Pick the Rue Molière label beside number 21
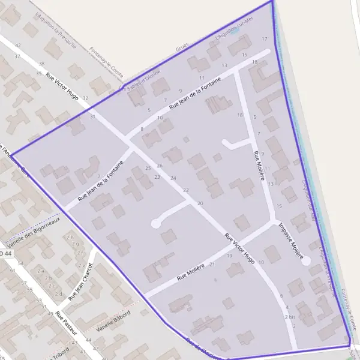pyautogui.click(x=191, y=272)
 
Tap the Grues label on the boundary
pyautogui.click(x=182, y=47)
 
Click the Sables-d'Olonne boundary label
pyautogui.click(x=143, y=80)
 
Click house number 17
pyautogui.click(x=265, y=39)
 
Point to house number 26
pyautogui.click(x=160, y=166)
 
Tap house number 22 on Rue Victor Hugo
pyautogui.click(x=186, y=190)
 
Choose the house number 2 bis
pyautogui.click(x=290, y=316)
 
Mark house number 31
pyautogui.click(x=92, y=116)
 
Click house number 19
pyautogui.click(x=229, y=256)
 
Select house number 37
pyautogui.click(x=17, y=56)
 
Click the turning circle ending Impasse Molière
pyautogui.click(x=306, y=261)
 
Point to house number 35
pyautogui.click(x=39, y=74)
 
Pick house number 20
pyautogui.click(x=200, y=205)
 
